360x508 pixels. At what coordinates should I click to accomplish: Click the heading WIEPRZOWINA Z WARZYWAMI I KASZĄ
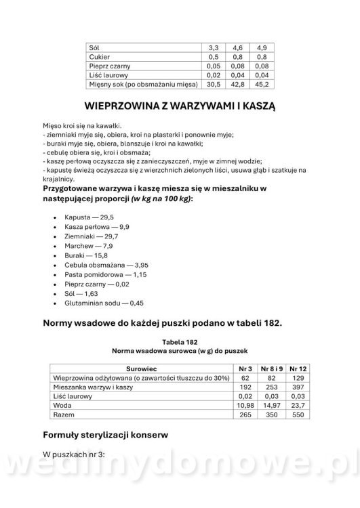coord(180,106)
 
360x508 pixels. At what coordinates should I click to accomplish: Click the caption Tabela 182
coord(180,342)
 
